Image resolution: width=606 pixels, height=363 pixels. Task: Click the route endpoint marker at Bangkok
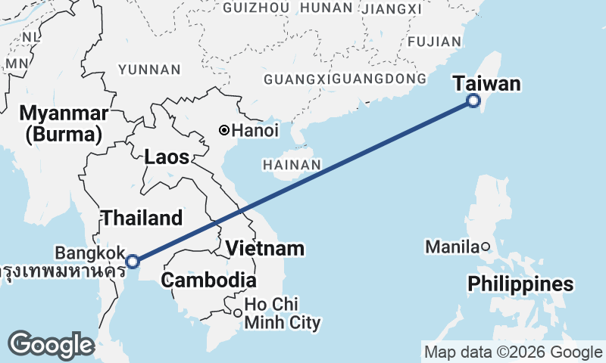click(x=133, y=262)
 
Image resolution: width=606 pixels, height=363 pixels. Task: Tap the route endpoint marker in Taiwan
click(x=473, y=101)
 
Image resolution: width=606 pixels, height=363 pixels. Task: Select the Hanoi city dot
click(x=224, y=131)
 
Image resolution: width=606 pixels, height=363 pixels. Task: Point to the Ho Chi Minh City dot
click(x=237, y=313)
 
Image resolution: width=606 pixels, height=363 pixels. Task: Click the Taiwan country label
click(x=487, y=83)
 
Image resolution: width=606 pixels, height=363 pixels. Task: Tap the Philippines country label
click(x=520, y=284)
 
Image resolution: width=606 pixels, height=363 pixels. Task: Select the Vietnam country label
click(x=265, y=248)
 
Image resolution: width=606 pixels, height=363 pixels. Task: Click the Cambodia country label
click(x=208, y=280)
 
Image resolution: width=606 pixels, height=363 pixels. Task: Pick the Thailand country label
click(x=142, y=219)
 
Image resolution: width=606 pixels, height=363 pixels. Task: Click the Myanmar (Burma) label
click(x=61, y=124)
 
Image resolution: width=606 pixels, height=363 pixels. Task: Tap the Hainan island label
click(x=292, y=165)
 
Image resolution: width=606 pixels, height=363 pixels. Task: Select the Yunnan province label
click(x=149, y=70)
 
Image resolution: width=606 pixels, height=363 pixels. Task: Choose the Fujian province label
click(x=434, y=42)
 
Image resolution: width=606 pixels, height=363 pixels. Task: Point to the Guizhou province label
click(x=256, y=8)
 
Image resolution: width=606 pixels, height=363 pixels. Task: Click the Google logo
click(x=51, y=345)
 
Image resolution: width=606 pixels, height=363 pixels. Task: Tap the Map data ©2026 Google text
click(x=513, y=352)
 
